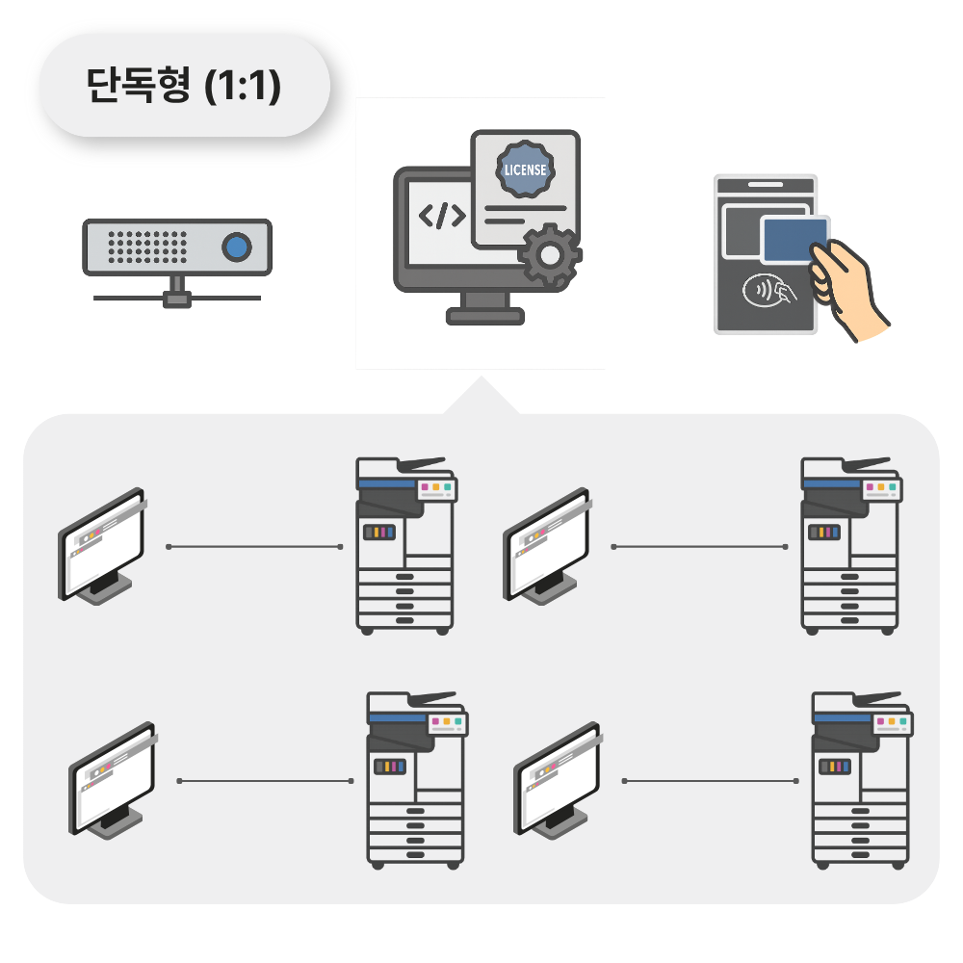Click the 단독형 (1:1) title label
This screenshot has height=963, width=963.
tap(183, 87)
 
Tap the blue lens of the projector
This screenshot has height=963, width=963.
tap(236, 247)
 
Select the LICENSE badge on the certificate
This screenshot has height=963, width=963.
tap(525, 169)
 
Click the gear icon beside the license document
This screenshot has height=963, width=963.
tap(550, 254)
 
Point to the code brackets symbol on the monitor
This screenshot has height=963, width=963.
tap(442, 216)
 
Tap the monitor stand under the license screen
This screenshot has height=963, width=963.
tap(485, 308)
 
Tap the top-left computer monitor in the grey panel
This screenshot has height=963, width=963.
tap(102, 545)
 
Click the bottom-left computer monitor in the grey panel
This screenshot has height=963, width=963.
tap(112, 779)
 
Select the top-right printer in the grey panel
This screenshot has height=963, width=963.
tap(850, 545)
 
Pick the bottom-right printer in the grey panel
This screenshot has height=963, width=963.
tap(861, 780)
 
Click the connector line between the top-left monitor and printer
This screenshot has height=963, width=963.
tap(254, 547)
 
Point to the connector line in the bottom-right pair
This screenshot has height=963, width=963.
tap(711, 781)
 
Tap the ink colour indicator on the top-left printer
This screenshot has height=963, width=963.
tap(378, 533)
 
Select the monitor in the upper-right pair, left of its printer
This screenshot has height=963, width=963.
tap(547, 545)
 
